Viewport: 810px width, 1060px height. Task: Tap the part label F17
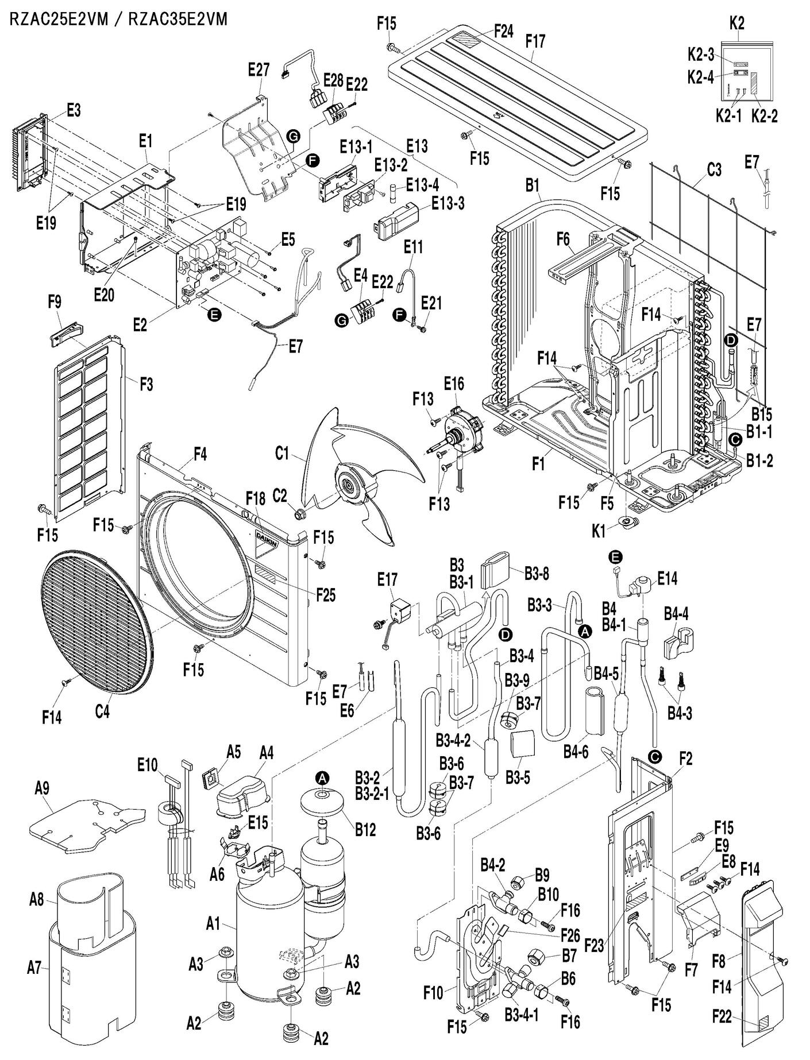[x=535, y=41]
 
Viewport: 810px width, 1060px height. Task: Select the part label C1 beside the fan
[x=281, y=454]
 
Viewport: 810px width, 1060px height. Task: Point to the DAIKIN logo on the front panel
[x=267, y=541]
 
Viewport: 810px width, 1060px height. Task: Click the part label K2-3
[x=701, y=55]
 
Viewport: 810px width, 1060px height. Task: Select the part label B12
[x=365, y=829]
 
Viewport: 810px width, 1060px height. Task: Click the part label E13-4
[x=422, y=185]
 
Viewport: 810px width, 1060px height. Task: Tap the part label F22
[x=722, y=1016]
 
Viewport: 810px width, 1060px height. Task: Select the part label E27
[x=259, y=70]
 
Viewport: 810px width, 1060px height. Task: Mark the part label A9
[x=41, y=788]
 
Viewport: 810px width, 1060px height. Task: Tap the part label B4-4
[x=676, y=614]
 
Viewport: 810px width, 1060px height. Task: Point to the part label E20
[x=104, y=295]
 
